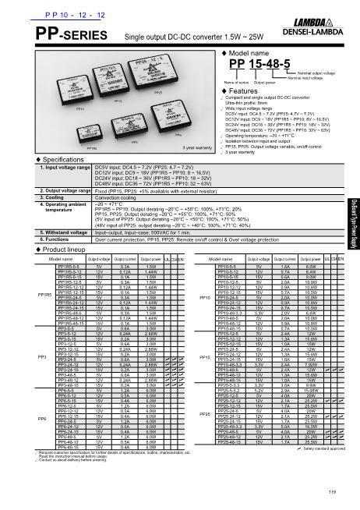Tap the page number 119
(x=332, y=491)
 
